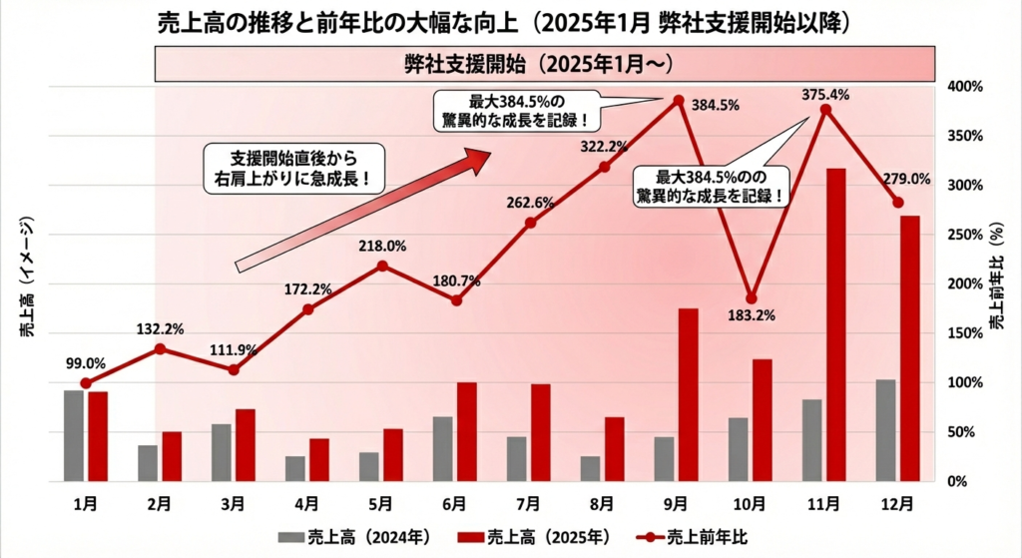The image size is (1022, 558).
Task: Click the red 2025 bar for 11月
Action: pyautogui.click(x=836, y=324)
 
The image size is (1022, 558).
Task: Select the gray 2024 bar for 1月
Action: pyautogui.click(x=74, y=435)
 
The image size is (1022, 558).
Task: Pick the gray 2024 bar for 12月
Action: pyautogui.click(x=885, y=430)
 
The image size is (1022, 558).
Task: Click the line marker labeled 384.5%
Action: pyautogui.click(x=679, y=100)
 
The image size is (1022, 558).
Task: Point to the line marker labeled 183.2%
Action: pyautogui.click(x=752, y=298)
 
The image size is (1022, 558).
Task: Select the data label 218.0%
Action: pyautogui.click(x=383, y=246)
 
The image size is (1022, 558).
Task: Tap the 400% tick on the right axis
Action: pyautogui.click(x=964, y=87)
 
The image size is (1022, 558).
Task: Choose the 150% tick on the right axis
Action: pyautogui.click(x=964, y=333)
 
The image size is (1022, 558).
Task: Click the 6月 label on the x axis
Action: pyautogui.click(x=456, y=503)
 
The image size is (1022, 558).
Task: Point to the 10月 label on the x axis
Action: pyautogui.click(x=751, y=503)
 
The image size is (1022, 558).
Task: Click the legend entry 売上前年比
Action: pyautogui.click(x=680, y=536)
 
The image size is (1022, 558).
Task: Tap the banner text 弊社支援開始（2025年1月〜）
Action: pyautogui.click(x=544, y=64)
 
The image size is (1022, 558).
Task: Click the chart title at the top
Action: pyautogui.click(x=510, y=22)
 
